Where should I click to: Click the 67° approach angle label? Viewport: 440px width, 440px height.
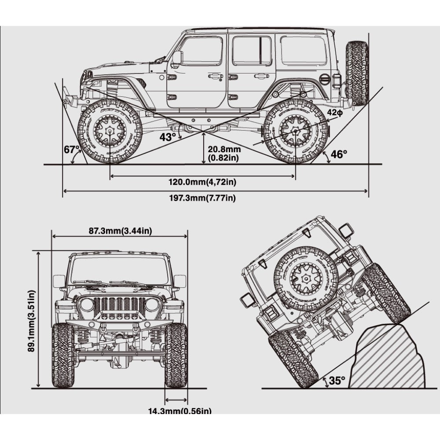pos(72,150)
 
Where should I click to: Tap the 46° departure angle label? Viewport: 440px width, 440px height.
pos(339,154)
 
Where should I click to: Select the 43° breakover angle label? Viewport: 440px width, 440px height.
pos(167,137)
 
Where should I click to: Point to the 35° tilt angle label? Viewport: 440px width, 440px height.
pos(337,381)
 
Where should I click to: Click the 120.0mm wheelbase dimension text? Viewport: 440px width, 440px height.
pos(202,182)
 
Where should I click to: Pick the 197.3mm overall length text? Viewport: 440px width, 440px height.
pos(202,198)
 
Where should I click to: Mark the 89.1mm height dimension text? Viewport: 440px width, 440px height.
pos(31,320)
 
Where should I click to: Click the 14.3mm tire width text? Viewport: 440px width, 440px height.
pos(180,411)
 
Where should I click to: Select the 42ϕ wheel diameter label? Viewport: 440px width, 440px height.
pos(334,112)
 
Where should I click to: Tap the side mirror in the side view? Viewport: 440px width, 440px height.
pos(177,57)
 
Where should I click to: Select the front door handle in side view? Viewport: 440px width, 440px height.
pos(215,77)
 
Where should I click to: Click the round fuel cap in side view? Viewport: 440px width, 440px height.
pos(324,79)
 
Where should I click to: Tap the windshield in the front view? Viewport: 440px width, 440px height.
pos(119,269)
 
